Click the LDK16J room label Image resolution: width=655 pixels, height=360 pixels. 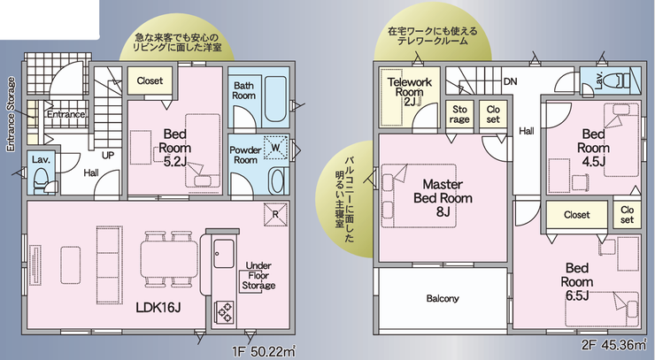pos(158,308)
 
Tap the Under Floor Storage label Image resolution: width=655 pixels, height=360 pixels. pos(258,276)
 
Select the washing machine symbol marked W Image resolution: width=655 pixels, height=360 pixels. pos(276,148)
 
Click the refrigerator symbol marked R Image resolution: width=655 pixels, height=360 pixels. pos(275,215)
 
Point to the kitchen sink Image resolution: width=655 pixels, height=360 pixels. pos(223,254)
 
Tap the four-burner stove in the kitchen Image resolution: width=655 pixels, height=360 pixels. pos(224,312)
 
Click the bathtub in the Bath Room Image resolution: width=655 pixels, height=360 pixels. pos(275,98)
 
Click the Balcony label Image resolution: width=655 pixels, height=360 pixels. pos(443,299)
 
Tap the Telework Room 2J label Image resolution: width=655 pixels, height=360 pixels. pos(409,91)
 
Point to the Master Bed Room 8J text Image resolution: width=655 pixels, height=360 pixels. pos(443,198)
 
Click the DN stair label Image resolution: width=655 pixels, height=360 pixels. pos(510,81)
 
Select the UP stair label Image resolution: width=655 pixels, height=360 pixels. pos(108,156)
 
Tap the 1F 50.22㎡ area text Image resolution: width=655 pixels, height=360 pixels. pos(264,351)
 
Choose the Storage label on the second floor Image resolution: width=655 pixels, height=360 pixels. pos(459,114)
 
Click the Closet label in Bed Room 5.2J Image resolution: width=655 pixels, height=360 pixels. pos(150,80)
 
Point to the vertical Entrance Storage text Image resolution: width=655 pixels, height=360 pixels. pos(11,114)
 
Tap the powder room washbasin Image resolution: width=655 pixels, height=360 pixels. pos(277,180)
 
